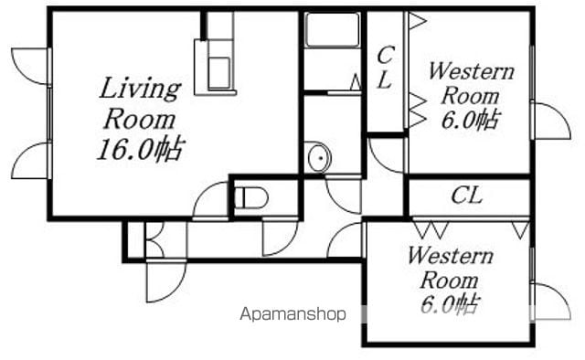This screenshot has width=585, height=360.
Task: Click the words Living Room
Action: tap(140, 103)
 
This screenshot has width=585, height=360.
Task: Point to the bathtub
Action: tap(333, 29)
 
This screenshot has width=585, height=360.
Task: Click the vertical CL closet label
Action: tap(385, 67)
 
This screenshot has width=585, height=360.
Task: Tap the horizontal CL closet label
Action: tap(466, 196)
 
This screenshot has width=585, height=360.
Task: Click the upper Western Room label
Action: tap(471, 84)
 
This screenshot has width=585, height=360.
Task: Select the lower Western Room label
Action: tap(450, 269)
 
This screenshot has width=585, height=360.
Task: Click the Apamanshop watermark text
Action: tap(292, 314)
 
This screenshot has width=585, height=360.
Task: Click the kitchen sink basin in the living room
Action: tap(219, 73)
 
